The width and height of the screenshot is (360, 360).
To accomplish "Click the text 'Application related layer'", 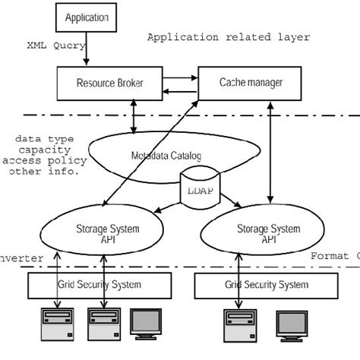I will (228, 37).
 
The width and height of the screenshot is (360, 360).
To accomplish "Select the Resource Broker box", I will (110, 81).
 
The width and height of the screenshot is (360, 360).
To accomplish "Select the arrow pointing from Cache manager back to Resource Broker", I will (181, 89).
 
